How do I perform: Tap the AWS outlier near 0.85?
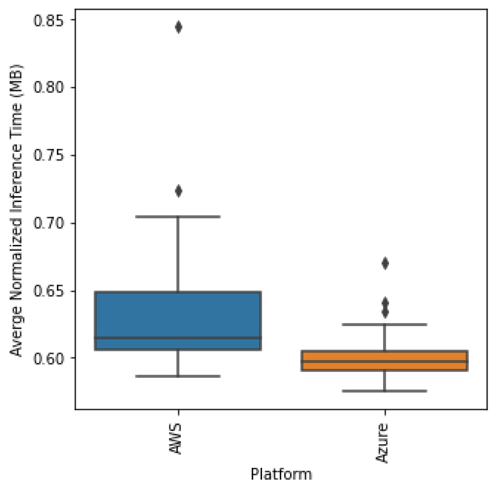coord(178,27)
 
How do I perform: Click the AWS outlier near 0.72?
coord(178,191)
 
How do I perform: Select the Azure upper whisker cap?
coord(385,325)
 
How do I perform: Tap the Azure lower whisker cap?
coord(385,391)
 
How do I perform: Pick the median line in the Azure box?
coord(385,361)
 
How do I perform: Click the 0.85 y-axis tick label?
coord(48,20)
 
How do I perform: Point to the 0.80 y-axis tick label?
coord(48,87)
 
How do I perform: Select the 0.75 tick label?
coord(48,155)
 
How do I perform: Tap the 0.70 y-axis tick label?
coord(48,223)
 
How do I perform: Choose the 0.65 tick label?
coord(48,291)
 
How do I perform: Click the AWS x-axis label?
coord(176,439)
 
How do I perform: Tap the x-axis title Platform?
coord(281,474)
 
